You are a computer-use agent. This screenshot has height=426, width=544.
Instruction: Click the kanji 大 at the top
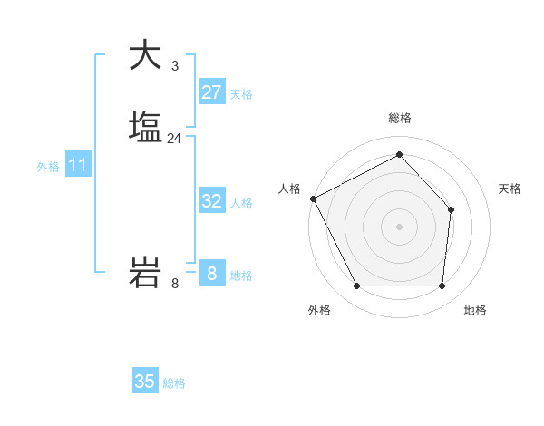(145, 55)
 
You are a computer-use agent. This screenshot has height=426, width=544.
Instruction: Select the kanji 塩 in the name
(145, 126)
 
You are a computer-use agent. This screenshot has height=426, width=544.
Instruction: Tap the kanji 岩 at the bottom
(145, 273)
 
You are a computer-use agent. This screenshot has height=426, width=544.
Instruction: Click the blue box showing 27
(211, 92)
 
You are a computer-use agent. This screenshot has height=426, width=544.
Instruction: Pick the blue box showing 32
(211, 201)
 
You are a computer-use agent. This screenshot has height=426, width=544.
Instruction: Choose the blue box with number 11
(77, 166)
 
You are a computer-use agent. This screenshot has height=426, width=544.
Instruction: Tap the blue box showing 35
(145, 382)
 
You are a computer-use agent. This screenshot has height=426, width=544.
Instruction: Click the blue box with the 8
(211, 273)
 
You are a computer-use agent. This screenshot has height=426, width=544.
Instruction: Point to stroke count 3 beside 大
(174, 66)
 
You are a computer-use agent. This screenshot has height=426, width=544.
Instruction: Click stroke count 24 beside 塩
(174, 139)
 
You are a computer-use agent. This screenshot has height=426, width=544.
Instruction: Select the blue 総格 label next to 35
(174, 383)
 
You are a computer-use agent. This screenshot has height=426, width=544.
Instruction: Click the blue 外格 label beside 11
(47, 167)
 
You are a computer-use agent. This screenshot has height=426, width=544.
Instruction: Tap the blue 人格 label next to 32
(241, 203)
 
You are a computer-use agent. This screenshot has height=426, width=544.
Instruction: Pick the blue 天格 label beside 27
(241, 93)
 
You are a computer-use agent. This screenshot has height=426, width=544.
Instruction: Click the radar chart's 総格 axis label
(399, 118)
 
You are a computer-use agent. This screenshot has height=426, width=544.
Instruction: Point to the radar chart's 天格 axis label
(510, 189)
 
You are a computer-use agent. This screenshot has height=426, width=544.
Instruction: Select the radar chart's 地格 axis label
(475, 310)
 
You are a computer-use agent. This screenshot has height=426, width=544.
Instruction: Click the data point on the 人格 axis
(313, 198)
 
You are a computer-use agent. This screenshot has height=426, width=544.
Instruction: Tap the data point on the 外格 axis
(356, 286)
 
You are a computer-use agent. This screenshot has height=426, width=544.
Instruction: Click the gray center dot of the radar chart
(399, 226)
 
